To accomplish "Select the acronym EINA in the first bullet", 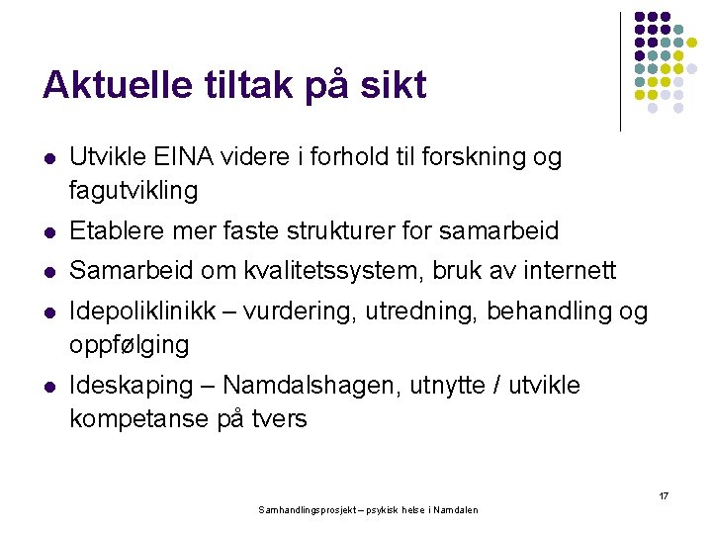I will click(x=198, y=157).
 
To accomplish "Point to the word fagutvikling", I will click(x=133, y=189).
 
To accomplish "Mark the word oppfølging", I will click(x=129, y=345).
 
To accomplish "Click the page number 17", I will click(x=663, y=494).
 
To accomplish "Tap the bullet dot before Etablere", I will click(x=49, y=231).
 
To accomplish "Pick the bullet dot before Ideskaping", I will click(x=49, y=385).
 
